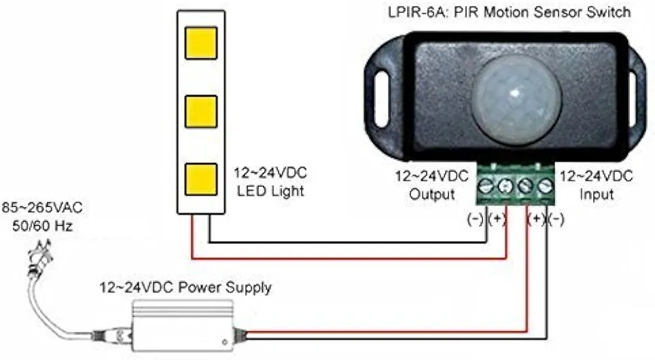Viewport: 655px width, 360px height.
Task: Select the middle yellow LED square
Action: (200, 111)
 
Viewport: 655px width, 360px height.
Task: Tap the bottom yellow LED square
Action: (200, 179)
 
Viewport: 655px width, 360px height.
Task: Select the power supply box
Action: (183, 327)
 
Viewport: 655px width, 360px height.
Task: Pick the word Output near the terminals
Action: (432, 194)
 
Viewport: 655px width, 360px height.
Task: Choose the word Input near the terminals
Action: (596, 194)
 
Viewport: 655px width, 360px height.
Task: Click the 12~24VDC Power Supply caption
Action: (185, 287)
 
